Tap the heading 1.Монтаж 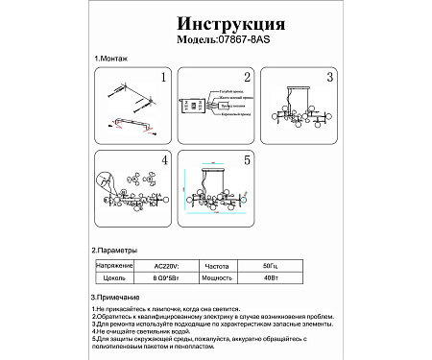point(112,60)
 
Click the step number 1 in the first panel point(163,77)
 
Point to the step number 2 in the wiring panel point(247,77)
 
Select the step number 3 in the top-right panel point(329,77)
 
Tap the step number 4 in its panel point(163,159)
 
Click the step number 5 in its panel point(246,159)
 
